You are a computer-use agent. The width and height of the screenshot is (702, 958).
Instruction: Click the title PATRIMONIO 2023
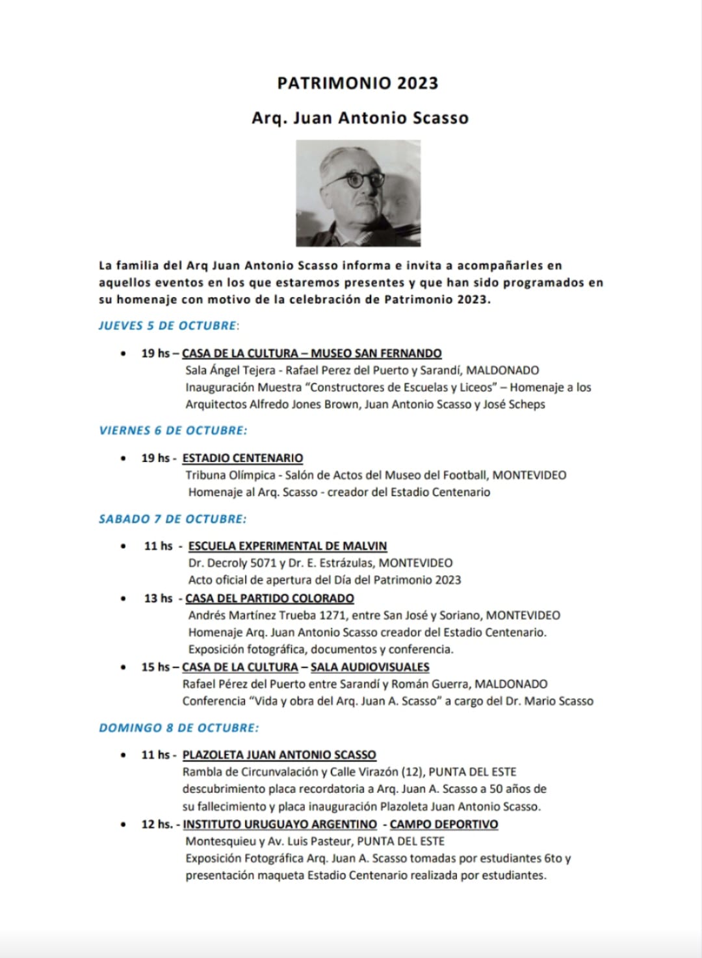(357, 83)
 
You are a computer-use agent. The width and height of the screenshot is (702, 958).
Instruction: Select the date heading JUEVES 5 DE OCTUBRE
(167, 326)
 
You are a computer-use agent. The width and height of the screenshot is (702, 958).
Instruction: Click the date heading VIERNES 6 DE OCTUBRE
(173, 430)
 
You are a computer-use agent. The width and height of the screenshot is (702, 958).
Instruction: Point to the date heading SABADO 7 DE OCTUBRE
(172, 519)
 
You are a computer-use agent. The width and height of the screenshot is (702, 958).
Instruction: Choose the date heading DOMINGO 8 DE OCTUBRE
(178, 728)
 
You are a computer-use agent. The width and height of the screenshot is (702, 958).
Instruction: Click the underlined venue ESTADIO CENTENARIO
(242, 458)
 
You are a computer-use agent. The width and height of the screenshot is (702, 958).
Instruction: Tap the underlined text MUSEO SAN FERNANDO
(376, 354)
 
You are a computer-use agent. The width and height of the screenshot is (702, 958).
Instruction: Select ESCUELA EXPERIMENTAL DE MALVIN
(287, 546)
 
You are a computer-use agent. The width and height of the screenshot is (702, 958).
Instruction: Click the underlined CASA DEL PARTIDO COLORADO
(270, 598)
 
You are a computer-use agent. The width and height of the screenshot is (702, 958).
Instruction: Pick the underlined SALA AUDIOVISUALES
(370, 667)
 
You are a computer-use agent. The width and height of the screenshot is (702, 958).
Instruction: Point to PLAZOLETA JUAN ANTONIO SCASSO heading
(279, 755)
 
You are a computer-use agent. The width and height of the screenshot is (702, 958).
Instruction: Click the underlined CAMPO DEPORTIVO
(444, 824)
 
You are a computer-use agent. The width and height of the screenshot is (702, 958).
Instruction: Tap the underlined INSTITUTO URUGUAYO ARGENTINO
(279, 824)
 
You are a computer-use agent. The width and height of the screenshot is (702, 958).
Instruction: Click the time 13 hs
(158, 598)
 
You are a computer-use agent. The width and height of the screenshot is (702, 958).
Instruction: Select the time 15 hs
(155, 667)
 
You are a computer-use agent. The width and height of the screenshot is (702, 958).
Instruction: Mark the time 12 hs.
(157, 824)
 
